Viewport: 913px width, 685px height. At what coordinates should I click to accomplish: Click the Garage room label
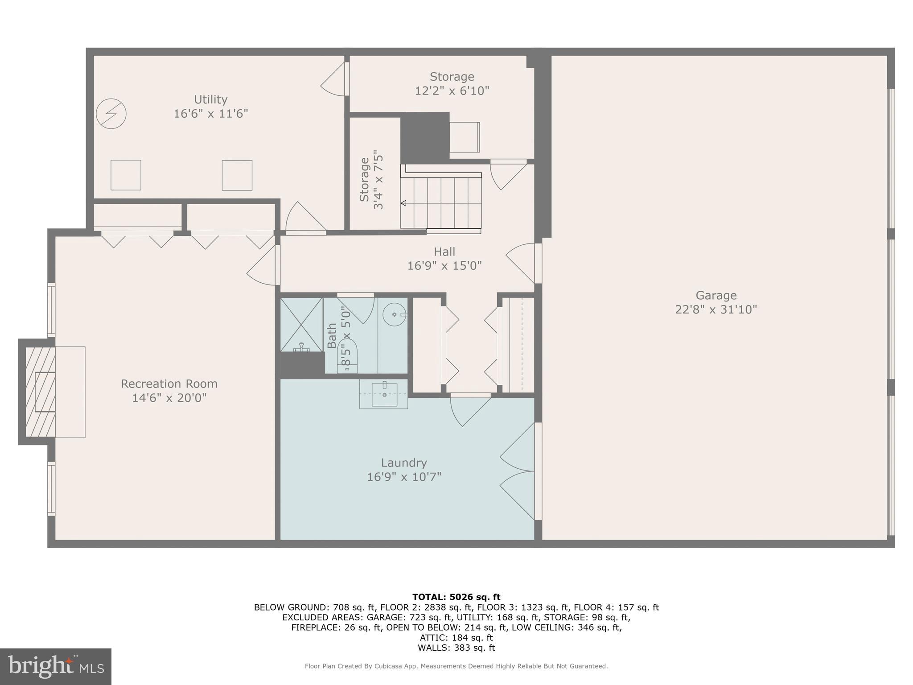pyautogui.click(x=716, y=295)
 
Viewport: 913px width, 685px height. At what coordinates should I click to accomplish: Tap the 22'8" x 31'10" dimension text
pyautogui.click(x=716, y=309)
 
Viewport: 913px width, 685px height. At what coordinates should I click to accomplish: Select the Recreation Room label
pyautogui.click(x=169, y=384)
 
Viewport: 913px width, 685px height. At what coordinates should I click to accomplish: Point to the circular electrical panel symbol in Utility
pyautogui.click(x=111, y=114)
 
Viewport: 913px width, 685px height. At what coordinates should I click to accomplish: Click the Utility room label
pyautogui.click(x=210, y=99)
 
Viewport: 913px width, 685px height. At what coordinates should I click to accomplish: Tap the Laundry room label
pyautogui.click(x=404, y=462)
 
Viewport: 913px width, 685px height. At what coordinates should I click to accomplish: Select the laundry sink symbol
pyautogui.click(x=384, y=395)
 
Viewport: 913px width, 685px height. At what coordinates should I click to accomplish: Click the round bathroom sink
pyautogui.click(x=395, y=314)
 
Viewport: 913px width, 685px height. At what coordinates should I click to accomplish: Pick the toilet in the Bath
pyautogui.click(x=348, y=356)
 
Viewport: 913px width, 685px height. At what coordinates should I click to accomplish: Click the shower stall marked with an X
pyautogui.click(x=301, y=324)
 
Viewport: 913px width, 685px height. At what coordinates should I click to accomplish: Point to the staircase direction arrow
pyautogui.click(x=404, y=203)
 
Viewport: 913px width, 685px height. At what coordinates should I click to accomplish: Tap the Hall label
pyautogui.click(x=444, y=252)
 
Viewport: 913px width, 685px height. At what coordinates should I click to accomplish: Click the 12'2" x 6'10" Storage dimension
pyautogui.click(x=452, y=91)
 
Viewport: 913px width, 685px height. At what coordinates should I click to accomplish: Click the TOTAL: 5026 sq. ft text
pyautogui.click(x=456, y=597)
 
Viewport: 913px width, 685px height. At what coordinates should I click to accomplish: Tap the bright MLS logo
pyautogui.click(x=56, y=666)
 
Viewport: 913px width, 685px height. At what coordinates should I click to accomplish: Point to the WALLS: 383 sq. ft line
pyautogui.click(x=456, y=648)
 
